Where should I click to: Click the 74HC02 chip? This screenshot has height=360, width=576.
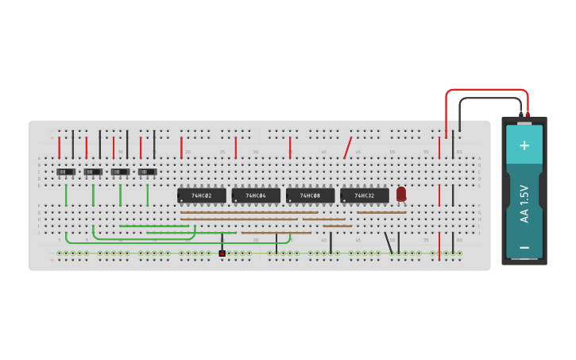coord(202,195)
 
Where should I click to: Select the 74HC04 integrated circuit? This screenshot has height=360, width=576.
coord(256,195)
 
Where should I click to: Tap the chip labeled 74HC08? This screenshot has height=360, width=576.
coord(310,195)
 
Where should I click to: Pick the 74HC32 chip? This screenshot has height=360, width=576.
coord(365,195)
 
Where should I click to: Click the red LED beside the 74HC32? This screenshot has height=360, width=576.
coord(401,193)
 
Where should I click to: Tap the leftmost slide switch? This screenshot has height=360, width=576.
coord(66,172)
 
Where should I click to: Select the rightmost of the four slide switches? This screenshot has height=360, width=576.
coord(147,172)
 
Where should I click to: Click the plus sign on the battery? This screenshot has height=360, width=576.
coord(524,145)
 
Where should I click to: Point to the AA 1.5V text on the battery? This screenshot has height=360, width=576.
coord(524,203)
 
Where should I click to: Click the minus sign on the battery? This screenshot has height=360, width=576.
coord(524,247)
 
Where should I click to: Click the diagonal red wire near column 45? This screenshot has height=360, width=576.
coord(347,148)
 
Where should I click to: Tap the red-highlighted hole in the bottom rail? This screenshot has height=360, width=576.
coord(222,254)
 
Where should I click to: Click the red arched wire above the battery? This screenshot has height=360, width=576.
coord(485,90)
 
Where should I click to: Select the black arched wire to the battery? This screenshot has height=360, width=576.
coord(489,98)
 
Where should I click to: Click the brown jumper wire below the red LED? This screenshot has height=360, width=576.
coord(381,212)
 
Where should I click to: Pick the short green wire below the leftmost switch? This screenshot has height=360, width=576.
coord(66,195)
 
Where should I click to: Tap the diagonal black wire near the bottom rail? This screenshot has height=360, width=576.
coord(388,242)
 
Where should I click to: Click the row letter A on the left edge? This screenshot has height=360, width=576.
coord(38,158)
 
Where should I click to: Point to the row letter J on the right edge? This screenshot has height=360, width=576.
coord(479,233)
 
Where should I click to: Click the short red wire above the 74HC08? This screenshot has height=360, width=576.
coord(289,148)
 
